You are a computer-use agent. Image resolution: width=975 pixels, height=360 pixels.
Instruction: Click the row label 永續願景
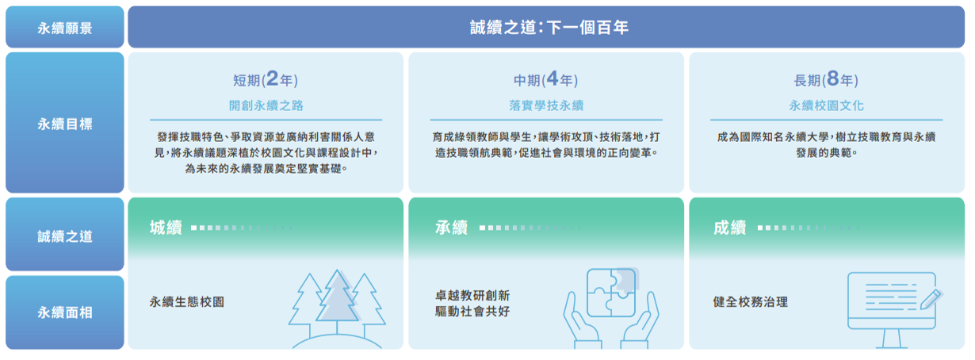[x=65, y=28]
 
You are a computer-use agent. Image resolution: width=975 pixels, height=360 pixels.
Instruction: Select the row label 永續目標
[x=65, y=124]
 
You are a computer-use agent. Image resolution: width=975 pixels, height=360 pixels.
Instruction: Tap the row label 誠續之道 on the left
[x=65, y=236]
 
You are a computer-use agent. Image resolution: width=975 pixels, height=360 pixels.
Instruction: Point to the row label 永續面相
[x=65, y=312]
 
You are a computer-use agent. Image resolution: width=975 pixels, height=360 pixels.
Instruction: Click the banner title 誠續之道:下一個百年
[x=549, y=28]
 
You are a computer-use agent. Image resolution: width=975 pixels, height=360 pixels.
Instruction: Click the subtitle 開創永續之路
[x=266, y=105]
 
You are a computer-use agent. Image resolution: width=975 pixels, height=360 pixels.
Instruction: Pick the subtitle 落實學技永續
[x=545, y=105]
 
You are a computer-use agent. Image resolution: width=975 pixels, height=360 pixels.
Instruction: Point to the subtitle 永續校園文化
[x=826, y=105]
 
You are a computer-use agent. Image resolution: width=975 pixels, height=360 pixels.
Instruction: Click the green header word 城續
[x=166, y=228]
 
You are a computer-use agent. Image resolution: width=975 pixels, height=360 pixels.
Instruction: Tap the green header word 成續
[x=729, y=228]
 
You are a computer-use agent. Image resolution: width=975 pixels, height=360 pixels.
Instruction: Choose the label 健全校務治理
[x=750, y=302]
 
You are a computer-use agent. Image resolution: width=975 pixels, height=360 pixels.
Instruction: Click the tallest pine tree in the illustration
[x=338, y=300]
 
